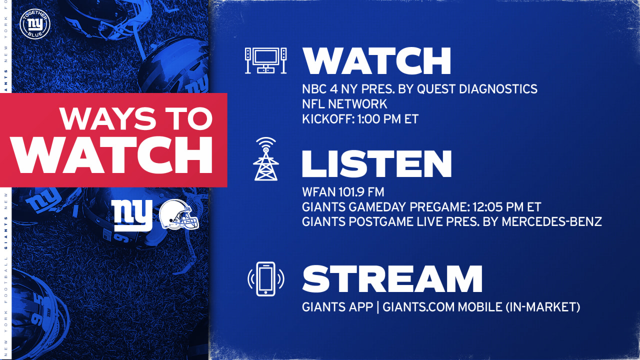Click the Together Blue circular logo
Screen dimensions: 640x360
click(35, 24)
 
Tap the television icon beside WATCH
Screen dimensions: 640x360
click(265, 60)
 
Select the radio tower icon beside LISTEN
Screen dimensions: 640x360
click(265, 159)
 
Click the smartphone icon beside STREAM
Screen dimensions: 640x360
click(265, 279)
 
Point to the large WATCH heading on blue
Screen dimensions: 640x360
click(377, 61)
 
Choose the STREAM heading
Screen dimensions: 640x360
click(392, 279)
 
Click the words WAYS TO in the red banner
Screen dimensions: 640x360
click(136, 118)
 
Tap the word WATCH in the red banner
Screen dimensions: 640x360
click(111, 155)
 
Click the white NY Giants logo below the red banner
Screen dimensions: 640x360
click(132, 215)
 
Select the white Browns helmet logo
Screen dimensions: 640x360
click(179, 214)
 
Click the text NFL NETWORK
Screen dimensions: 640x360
click(344, 104)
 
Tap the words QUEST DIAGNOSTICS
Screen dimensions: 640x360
click(477, 89)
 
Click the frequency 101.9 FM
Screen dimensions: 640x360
click(361, 192)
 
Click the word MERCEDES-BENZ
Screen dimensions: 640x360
click(551, 221)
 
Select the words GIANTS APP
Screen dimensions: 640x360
click(337, 307)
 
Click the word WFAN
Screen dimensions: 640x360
click(319, 192)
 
